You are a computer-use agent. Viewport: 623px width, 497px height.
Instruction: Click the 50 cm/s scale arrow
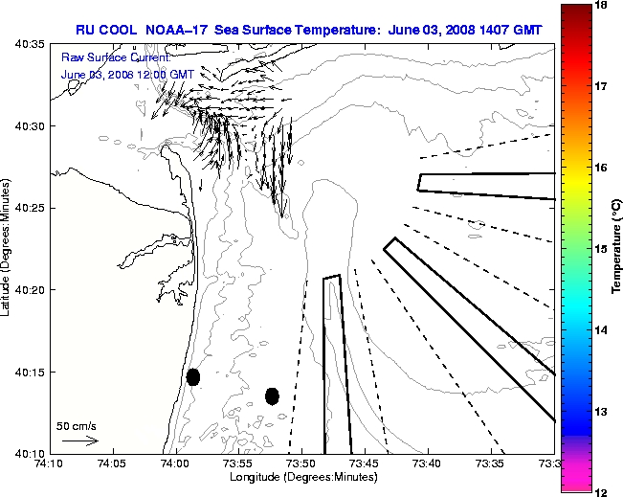(79, 441)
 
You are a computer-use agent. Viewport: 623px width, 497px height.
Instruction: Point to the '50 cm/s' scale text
(77, 425)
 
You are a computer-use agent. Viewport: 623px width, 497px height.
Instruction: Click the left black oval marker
(193, 376)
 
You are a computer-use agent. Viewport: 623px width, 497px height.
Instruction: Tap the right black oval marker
(272, 395)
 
